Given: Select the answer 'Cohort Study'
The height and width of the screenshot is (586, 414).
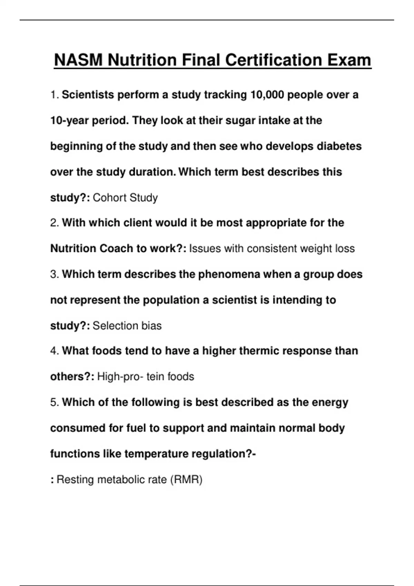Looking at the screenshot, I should (125, 198).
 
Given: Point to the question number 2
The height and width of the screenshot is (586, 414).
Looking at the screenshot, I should (55, 223).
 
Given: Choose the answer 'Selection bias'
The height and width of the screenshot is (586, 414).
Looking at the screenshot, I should (127, 326).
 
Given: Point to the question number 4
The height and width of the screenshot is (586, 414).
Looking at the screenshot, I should (55, 351).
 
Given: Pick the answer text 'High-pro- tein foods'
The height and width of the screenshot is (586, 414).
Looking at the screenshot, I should (146, 377).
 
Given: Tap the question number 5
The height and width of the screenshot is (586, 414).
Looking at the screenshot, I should (55, 402).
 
